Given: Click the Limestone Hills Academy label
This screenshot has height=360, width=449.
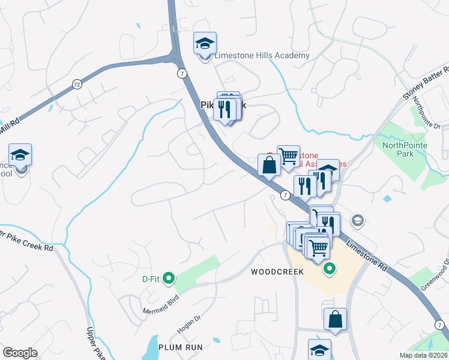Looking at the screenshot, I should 262,56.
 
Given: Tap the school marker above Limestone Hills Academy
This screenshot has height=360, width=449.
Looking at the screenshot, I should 205,44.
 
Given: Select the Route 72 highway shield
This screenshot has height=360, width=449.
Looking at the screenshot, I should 76,85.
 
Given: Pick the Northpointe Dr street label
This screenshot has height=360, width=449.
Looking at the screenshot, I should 428,113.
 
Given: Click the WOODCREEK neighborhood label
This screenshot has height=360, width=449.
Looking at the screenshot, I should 277,272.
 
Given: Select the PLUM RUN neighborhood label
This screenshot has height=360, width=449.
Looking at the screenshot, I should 181,347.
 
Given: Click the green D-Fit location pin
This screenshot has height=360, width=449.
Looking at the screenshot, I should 169,278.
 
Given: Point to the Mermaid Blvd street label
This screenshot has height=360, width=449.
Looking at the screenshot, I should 161,304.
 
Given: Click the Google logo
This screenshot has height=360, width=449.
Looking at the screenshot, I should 20,353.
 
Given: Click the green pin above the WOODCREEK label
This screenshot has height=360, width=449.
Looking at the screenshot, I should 328,269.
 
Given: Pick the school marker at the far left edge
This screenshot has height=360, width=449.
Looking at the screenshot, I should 20,156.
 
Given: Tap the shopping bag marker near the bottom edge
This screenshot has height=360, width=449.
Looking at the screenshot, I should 336,320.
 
